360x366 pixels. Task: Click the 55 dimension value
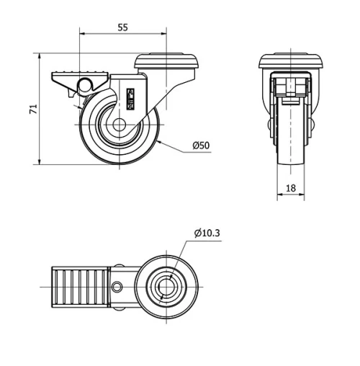pyautogui.click(x=122, y=27)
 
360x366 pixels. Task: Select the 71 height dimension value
pyautogui.click(x=31, y=109)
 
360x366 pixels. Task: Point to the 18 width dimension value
pyautogui.click(x=290, y=188)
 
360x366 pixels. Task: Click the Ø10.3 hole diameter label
pyautogui.click(x=207, y=232)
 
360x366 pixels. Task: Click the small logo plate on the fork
pyautogui.click(x=131, y=97)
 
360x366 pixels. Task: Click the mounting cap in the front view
pyautogui.click(x=290, y=62)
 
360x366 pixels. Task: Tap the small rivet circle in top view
pyautogui.click(x=117, y=288)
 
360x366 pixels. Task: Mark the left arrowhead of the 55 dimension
pyautogui.click(x=81, y=33)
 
